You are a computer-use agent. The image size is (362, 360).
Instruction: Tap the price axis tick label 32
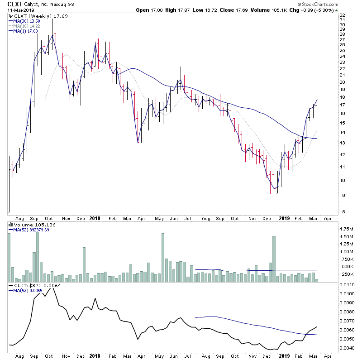coord(343,15)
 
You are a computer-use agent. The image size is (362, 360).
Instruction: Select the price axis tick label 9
coord(342,196)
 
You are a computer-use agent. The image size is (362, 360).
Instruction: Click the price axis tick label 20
coord(343,82)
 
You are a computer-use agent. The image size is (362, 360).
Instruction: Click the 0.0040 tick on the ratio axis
coord(348,348)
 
